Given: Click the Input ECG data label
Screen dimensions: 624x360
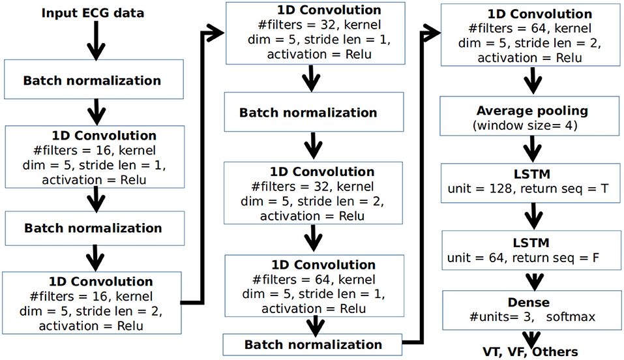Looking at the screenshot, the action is [93, 13].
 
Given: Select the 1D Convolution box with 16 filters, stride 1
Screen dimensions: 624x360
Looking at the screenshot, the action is [95, 157].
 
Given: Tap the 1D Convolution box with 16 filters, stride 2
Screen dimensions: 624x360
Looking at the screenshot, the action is [92, 303].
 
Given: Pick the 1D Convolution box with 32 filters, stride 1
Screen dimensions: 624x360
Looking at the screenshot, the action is [316, 33].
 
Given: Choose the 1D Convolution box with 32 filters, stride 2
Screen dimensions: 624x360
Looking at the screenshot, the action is [313, 193].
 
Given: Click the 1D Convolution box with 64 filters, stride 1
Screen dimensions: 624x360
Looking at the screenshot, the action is [314, 286].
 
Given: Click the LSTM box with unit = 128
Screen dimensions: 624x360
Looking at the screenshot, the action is [531, 183].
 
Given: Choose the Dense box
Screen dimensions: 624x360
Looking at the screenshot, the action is [532, 310].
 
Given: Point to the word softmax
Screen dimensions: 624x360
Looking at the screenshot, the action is [571, 317].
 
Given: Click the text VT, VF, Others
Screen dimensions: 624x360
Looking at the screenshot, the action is [530, 352].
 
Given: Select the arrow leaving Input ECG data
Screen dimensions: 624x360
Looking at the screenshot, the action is [96, 40].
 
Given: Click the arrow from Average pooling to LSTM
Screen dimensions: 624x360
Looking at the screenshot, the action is [532, 149].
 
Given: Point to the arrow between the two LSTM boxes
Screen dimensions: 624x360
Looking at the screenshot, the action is [533, 217].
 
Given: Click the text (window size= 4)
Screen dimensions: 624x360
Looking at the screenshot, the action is [524, 126].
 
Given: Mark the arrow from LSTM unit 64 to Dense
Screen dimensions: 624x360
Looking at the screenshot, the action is [535, 281].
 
